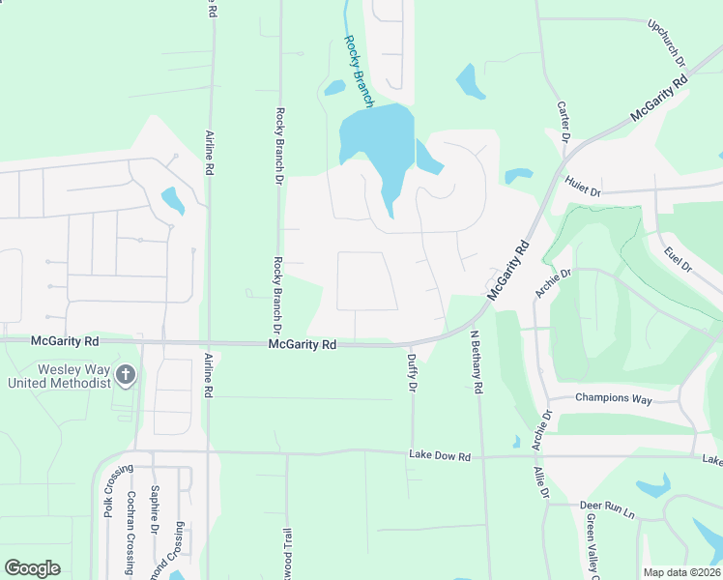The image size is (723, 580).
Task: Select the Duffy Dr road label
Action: coord(412,371)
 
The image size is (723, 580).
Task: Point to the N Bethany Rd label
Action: coord(476,362)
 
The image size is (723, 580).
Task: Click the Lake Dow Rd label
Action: coord(439,455)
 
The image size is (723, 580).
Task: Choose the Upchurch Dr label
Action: coord(666,43)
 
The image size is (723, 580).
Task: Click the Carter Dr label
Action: coord(561,121)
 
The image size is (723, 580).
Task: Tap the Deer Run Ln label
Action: coord(606,506)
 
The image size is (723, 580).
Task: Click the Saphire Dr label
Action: coord(154,509)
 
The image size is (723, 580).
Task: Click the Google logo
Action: coord(32,568)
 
